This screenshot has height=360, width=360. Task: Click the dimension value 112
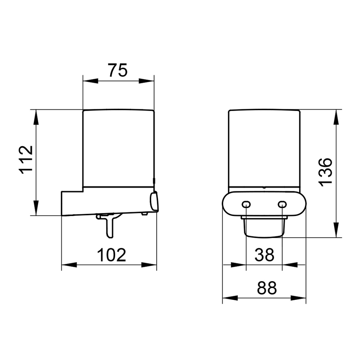click(26, 161)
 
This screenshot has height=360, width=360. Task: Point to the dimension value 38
click(264, 255)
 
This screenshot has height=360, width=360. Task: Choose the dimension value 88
click(266, 288)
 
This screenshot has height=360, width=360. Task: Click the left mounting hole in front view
click(246, 205)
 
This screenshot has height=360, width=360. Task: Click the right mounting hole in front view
click(282, 205)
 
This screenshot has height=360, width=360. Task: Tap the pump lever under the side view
click(109, 224)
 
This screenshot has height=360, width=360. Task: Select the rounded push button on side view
click(154, 202)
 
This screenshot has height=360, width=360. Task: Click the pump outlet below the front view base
click(263, 228)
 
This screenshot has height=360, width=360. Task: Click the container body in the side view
click(118, 148)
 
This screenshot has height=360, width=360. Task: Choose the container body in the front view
click(264, 148)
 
